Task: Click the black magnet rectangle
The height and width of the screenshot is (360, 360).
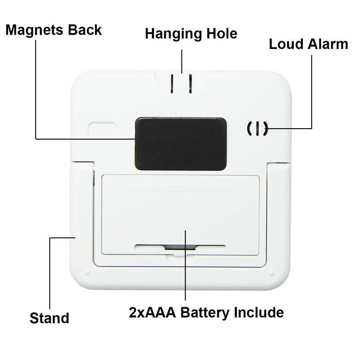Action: pyautogui.click(x=180, y=143)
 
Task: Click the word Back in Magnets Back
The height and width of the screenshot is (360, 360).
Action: pyautogui.click(x=84, y=30)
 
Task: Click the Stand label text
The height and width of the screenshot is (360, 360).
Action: pyautogui.click(x=49, y=318)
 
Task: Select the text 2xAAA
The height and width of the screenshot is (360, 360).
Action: pyautogui.click(x=150, y=313)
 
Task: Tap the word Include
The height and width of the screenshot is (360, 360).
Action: pyautogui.click(x=259, y=313)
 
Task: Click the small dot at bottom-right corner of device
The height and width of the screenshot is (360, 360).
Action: pyautogui.click(x=272, y=274)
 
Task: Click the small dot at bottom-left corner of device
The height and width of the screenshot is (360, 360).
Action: pyautogui.click(x=88, y=274)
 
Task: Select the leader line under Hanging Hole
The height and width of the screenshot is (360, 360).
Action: pyautogui.click(x=181, y=60)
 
